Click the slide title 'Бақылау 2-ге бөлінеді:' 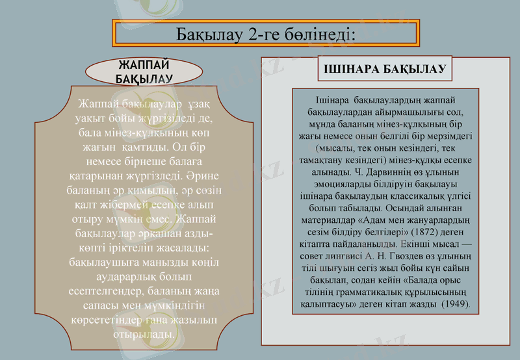point(265,33)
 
